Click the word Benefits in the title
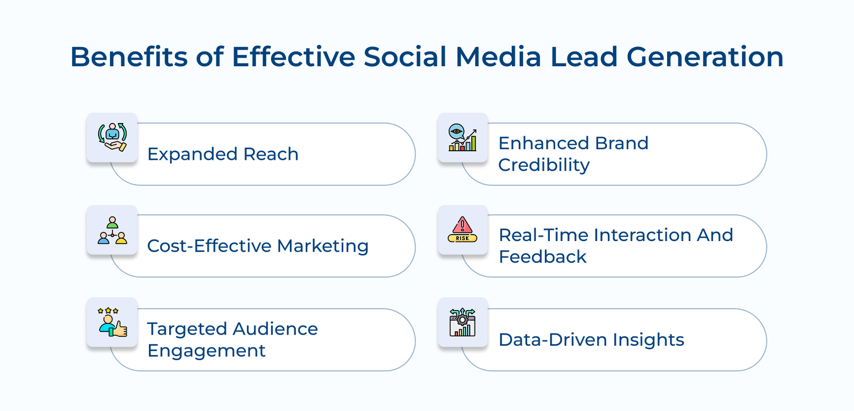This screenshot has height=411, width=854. [x=129, y=57]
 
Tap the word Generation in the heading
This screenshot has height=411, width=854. [x=705, y=57]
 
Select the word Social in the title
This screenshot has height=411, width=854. [x=405, y=57]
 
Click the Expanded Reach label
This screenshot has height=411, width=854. [x=223, y=154]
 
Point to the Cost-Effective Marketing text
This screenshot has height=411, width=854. [x=258, y=246]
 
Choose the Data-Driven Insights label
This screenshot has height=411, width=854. [x=591, y=339]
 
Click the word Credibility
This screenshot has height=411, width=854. [x=544, y=165]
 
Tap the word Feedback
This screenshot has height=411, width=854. [x=542, y=257]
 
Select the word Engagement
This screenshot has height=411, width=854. [x=206, y=351]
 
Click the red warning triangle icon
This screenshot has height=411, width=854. [x=462, y=225]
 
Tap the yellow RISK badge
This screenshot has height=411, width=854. [x=462, y=238]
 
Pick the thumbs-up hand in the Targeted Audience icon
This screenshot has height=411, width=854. [x=120, y=329]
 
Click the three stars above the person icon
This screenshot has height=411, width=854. [x=108, y=311]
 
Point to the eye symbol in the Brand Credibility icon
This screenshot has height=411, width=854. [x=456, y=131]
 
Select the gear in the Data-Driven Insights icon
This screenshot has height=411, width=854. [x=462, y=320]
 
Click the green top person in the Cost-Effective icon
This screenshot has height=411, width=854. [x=112, y=222]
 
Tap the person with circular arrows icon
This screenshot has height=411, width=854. [x=112, y=137]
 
